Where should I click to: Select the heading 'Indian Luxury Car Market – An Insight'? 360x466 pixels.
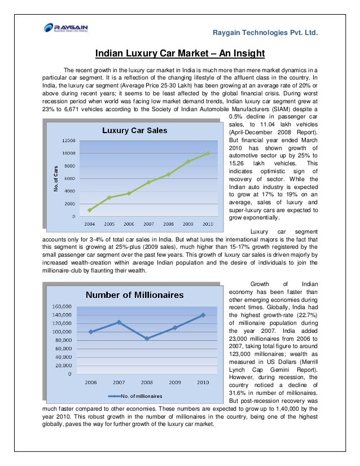pos(180,54)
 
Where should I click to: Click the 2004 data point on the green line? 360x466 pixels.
pos(89,210)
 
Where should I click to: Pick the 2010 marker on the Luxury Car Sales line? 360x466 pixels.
pos(208,153)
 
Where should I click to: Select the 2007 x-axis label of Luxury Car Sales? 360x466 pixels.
pos(148,223)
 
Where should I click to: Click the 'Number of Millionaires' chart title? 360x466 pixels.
pos(134,294)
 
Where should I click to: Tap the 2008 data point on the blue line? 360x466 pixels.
pos(147,338)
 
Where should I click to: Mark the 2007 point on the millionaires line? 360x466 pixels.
pos(118,322)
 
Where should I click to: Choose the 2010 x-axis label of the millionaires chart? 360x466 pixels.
pos(203,382)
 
